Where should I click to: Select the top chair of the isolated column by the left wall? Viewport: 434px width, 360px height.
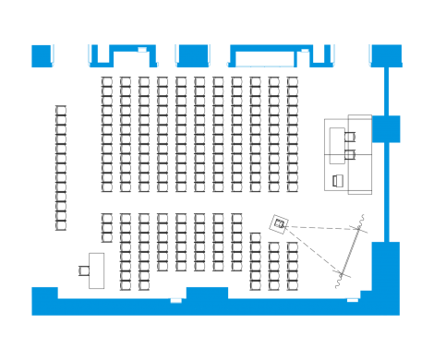click(61, 111)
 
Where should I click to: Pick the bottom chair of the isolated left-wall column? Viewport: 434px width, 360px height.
click(61, 224)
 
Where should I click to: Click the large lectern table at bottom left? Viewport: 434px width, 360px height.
click(96, 270)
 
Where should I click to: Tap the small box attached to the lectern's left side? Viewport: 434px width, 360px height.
click(84, 270)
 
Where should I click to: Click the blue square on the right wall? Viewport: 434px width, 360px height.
click(385, 128)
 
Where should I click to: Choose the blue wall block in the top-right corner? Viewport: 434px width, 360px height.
click(384, 54)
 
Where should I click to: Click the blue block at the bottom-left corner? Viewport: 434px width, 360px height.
click(44, 300)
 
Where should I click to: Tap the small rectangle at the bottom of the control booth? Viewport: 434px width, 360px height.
click(338, 180)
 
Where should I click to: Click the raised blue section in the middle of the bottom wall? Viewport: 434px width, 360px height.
click(207, 293)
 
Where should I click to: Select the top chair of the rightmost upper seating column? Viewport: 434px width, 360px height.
click(292, 82)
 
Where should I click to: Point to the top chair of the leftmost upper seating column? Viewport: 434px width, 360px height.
click(106, 82)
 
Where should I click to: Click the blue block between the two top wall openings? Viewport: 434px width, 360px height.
click(193, 55)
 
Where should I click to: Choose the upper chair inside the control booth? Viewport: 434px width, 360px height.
click(350, 136)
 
